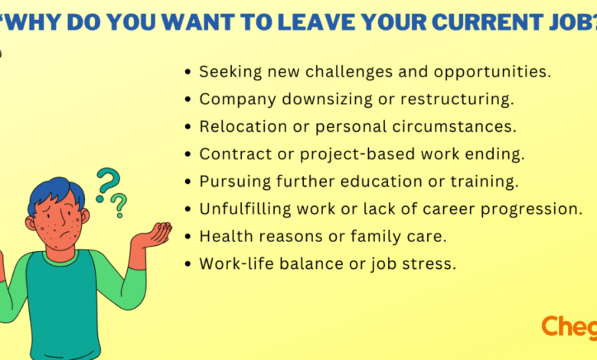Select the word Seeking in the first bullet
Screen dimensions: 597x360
pos(230,72)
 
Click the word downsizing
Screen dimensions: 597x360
pos(328,100)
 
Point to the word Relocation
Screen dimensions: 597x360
pos(243,126)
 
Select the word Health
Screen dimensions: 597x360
pos(227,236)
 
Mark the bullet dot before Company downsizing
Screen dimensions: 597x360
pos(188,100)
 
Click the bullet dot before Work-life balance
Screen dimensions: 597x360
pos(188,264)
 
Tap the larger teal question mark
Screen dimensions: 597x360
pos(107,185)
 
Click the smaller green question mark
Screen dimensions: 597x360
pos(119,205)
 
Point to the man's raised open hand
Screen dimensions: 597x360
pos(154,235)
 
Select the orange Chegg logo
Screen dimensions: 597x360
pos(569,328)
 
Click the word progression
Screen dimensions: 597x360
pos(531,209)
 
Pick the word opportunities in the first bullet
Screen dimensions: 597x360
pos(492,72)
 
